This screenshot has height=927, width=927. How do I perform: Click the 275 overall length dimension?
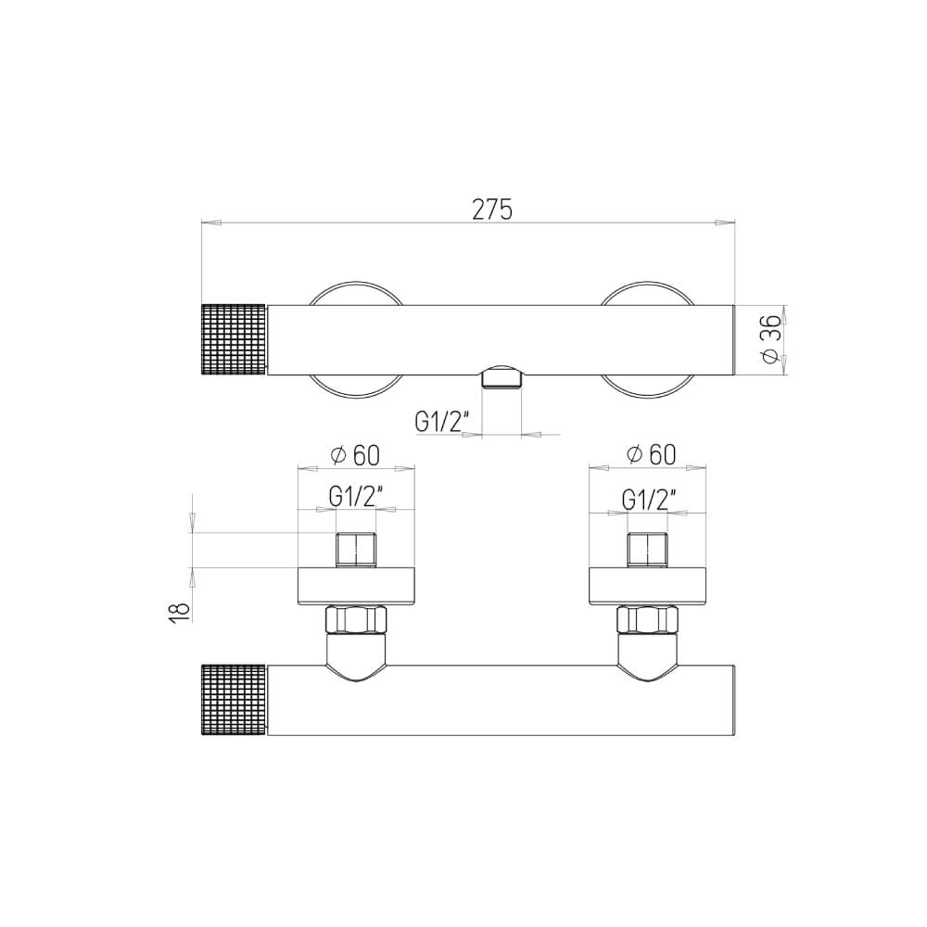492,210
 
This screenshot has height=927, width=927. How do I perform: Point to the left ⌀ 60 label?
355,455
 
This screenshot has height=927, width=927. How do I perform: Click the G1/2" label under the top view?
441,422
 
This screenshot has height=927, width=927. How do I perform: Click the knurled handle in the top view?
235,340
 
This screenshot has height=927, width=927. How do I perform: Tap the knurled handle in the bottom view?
235,700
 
